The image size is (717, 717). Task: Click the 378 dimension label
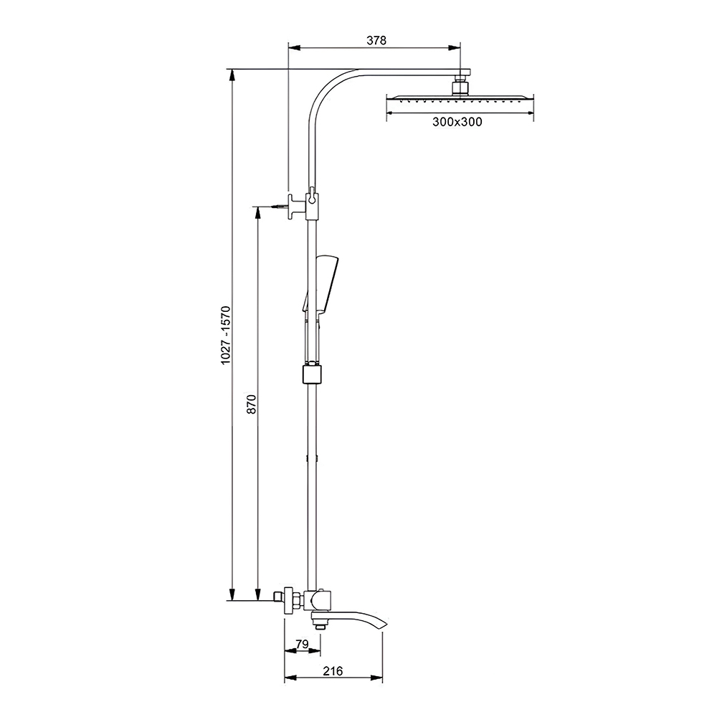(x=376, y=40)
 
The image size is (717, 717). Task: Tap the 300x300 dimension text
(x=457, y=122)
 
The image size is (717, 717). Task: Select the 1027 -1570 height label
(x=226, y=335)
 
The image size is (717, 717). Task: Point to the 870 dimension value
(x=252, y=404)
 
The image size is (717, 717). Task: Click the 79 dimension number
(x=302, y=644)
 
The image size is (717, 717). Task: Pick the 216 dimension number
(x=333, y=671)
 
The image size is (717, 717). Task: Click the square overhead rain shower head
(x=460, y=99)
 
